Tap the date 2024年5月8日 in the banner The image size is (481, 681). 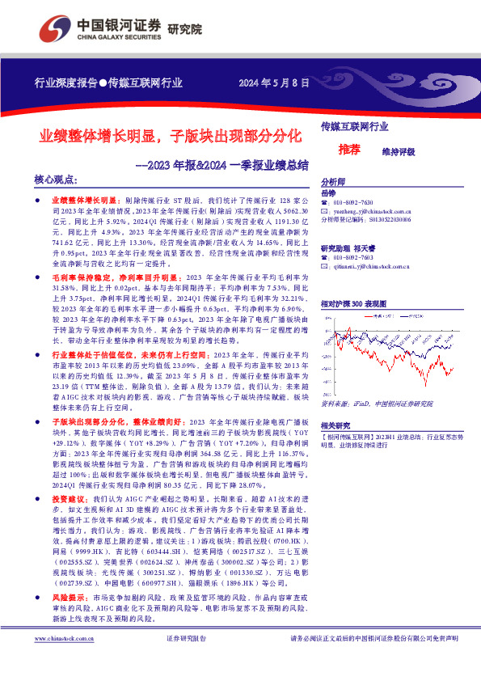(x=274, y=82)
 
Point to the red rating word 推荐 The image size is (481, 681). (x=349, y=149)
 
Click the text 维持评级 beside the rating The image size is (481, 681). (x=398, y=151)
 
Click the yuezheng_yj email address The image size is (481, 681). (x=373, y=210)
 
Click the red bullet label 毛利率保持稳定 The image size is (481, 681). (x=85, y=277)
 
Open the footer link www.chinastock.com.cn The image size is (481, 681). (x=65, y=660)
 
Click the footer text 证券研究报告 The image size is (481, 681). (x=187, y=660)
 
